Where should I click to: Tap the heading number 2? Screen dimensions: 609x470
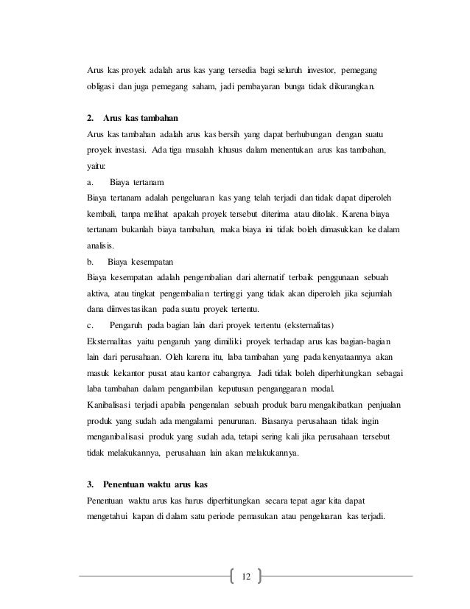click(x=90, y=118)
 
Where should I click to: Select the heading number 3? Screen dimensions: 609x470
click(x=90, y=484)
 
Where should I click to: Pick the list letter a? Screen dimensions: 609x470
click(x=89, y=181)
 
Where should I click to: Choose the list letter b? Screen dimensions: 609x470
click(x=89, y=260)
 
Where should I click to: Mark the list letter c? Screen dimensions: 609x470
click(x=89, y=324)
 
